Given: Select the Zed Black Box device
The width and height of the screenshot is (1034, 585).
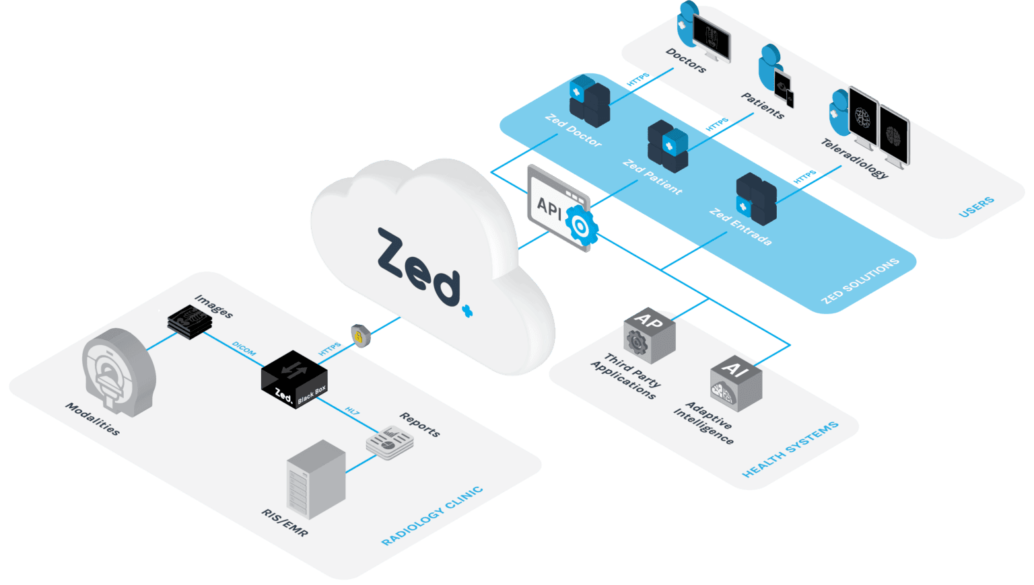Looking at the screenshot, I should (294, 379).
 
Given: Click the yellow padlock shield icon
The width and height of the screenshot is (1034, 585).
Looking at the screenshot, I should (360, 335).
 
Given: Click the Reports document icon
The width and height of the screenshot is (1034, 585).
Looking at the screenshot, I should (389, 442).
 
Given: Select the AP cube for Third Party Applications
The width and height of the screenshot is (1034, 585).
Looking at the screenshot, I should (648, 336).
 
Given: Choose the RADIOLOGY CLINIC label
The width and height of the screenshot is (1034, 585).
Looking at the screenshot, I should (432, 516).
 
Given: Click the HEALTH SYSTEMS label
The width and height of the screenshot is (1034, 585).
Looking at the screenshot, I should (790, 449).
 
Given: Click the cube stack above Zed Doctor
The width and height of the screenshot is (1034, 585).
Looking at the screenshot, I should (589, 101).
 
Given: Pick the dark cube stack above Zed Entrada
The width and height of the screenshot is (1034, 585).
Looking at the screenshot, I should (756, 198).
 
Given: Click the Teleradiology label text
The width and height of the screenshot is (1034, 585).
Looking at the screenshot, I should (854, 158).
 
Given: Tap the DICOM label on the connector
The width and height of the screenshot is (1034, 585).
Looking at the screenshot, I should (244, 348).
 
